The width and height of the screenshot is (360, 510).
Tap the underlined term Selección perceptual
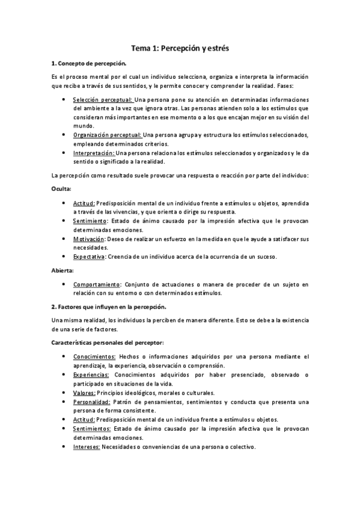point(103,99)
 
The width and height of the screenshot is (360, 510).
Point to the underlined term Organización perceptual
point(107,135)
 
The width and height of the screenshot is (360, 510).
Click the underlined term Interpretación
point(95,153)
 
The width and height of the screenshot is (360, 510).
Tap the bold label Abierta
point(63,270)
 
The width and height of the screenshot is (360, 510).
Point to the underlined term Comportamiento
point(97,284)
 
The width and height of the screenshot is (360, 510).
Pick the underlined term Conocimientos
point(94,356)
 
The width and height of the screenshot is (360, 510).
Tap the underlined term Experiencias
point(91,374)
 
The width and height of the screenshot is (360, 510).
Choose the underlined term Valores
point(85,392)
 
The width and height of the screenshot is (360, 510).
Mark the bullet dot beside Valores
point(64,392)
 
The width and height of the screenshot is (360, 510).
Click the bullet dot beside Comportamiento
point(64,284)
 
